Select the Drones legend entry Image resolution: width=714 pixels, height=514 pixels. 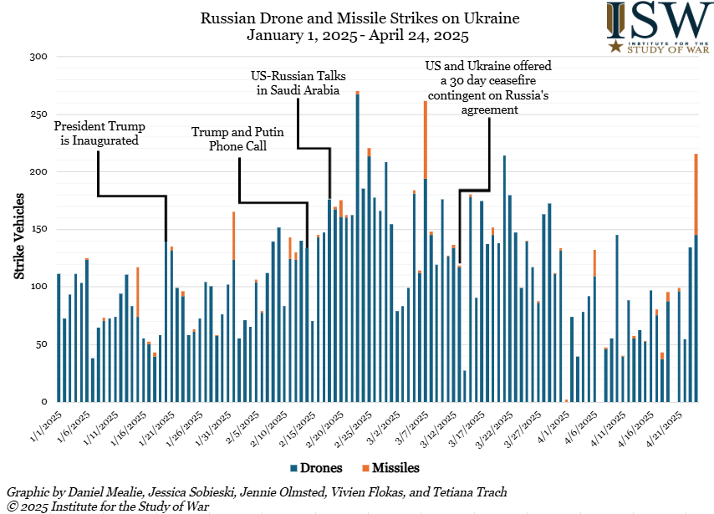click(313, 468)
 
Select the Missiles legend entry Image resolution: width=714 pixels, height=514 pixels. click(390, 468)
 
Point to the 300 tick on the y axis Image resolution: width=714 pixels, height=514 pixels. click(39, 57)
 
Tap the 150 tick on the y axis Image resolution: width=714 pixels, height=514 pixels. click(39, 229)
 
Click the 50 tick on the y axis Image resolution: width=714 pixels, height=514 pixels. click(42, 344)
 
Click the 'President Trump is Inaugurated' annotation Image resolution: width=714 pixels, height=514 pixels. click(99, 134)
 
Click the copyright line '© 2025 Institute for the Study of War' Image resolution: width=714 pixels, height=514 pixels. click(107, 506)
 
